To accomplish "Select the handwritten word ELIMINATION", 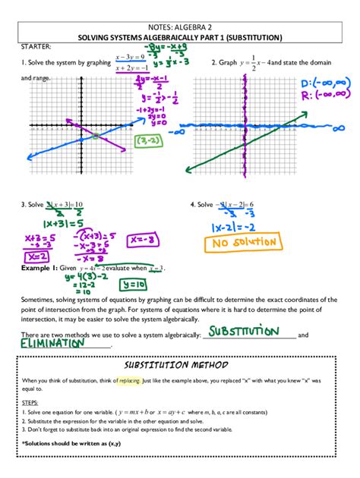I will pyautogui.click(x=55, y=343).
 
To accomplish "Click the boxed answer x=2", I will pyautogui.click(x=40, y=257).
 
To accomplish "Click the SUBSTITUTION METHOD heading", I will pyautogui.click(x=180, y=364).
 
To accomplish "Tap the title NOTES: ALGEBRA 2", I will pyautogui.click(x=180, y=25).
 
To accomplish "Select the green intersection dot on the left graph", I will pyautogui.click(x=96, y=136).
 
